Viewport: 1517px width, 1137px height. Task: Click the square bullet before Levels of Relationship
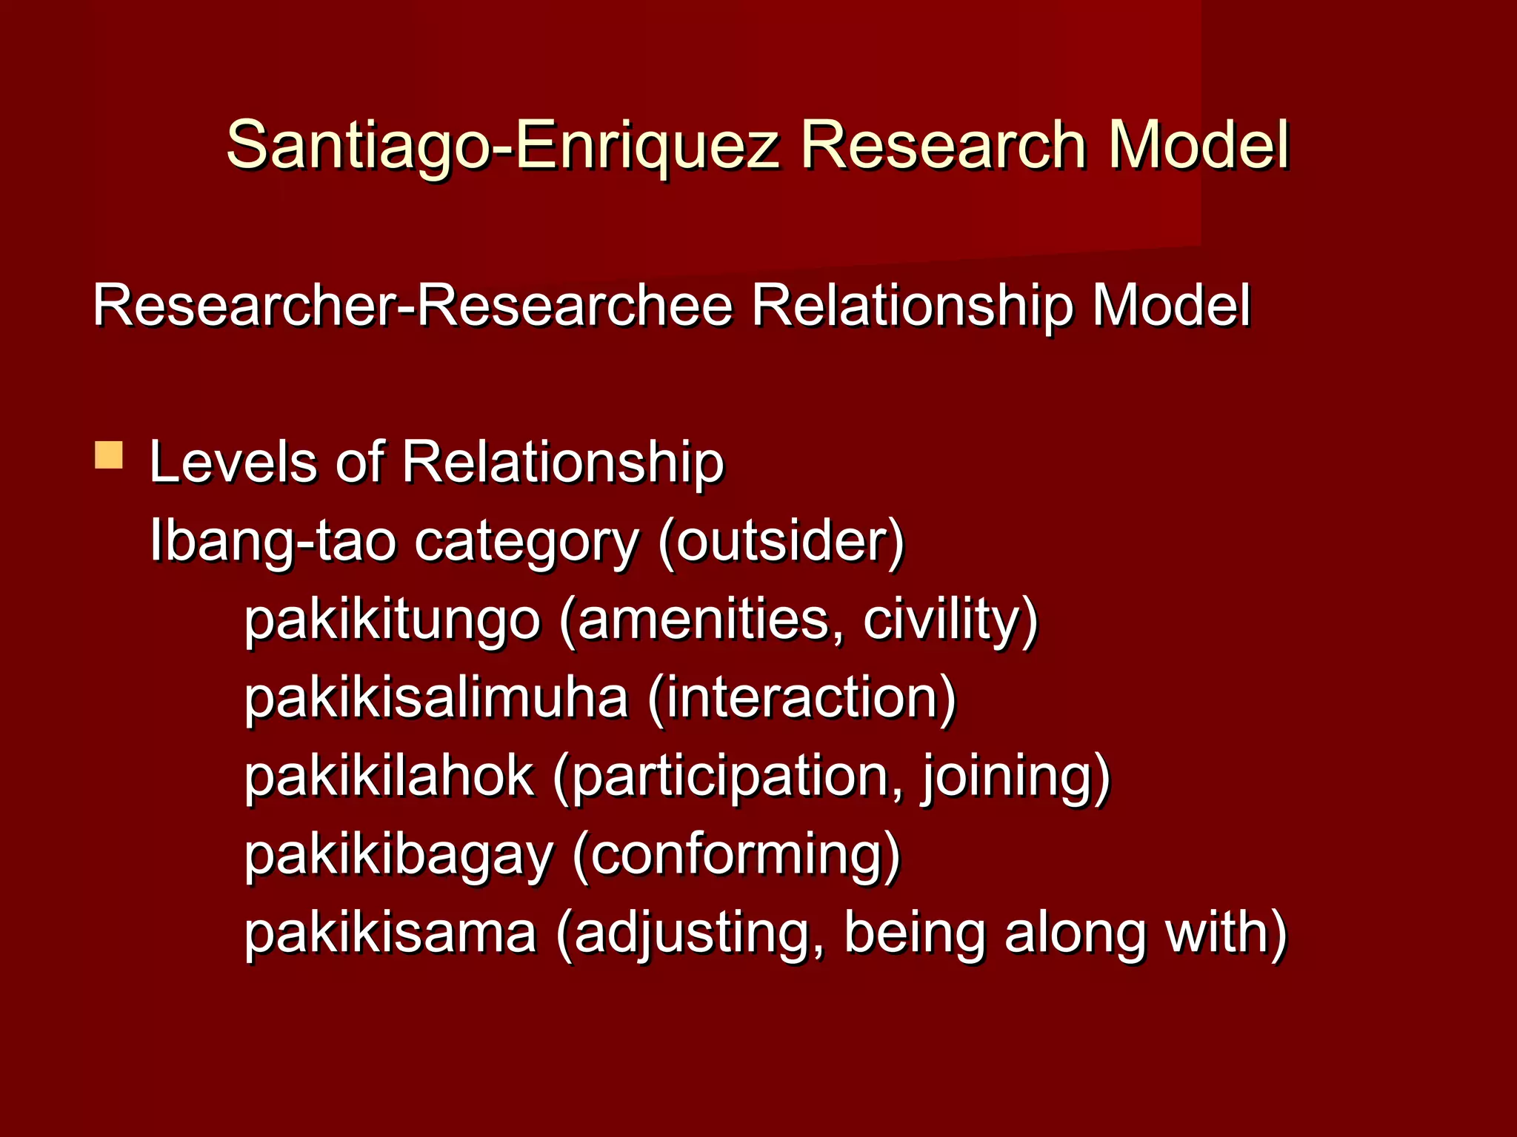109,455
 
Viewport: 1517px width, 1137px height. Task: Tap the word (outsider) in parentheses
781,542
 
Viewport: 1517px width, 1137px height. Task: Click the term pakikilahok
389,777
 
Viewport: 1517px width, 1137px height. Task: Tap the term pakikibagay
399,857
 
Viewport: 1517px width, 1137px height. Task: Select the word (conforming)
736,857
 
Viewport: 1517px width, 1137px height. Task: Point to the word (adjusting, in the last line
690,934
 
